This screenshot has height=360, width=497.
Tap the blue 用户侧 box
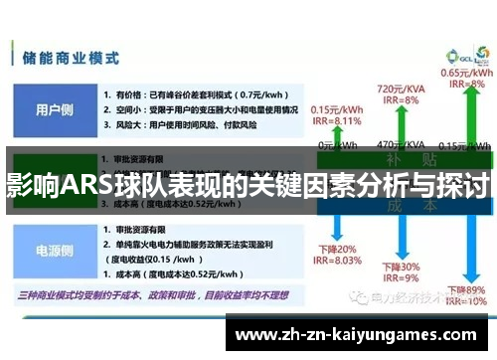tap(54, 110)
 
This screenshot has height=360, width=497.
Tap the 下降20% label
tap(335, 249)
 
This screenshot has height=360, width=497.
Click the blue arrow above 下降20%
tap(335, 224)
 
